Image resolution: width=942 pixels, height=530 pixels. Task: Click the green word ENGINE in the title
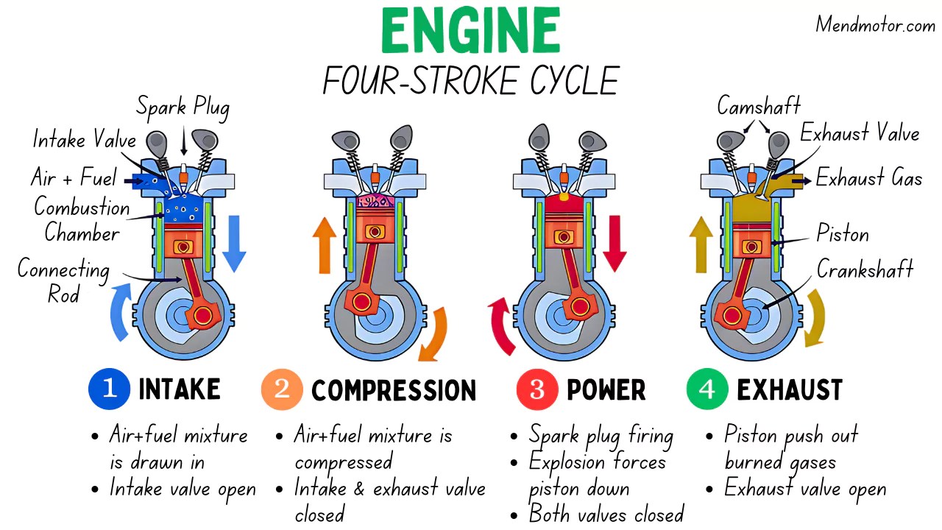point(470,32)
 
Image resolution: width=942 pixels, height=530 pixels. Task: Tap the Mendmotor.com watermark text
point(874,25)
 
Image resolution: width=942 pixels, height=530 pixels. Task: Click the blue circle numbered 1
point(109,389)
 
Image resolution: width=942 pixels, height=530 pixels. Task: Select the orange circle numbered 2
point(281,389)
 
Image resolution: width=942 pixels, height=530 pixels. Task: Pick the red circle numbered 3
point(536,389)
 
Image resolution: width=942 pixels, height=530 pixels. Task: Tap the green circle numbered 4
point(706,389)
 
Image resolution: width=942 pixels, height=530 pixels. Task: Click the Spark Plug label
point(183,107)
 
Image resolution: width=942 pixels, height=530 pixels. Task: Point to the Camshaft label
point(759,106)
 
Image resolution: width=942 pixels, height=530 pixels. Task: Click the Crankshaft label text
point(865,269)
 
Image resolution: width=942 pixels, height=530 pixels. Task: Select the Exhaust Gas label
point(868,178)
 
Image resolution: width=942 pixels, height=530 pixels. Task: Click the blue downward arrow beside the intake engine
point(233,242)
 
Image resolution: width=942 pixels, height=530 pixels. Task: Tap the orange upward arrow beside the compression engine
point(324,244)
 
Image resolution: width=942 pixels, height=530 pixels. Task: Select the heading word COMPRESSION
point(394,390)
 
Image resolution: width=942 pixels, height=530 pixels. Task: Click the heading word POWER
point(606,390)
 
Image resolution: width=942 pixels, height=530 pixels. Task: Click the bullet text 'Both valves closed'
point(606,513)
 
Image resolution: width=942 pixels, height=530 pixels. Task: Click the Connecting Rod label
point(63,281)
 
